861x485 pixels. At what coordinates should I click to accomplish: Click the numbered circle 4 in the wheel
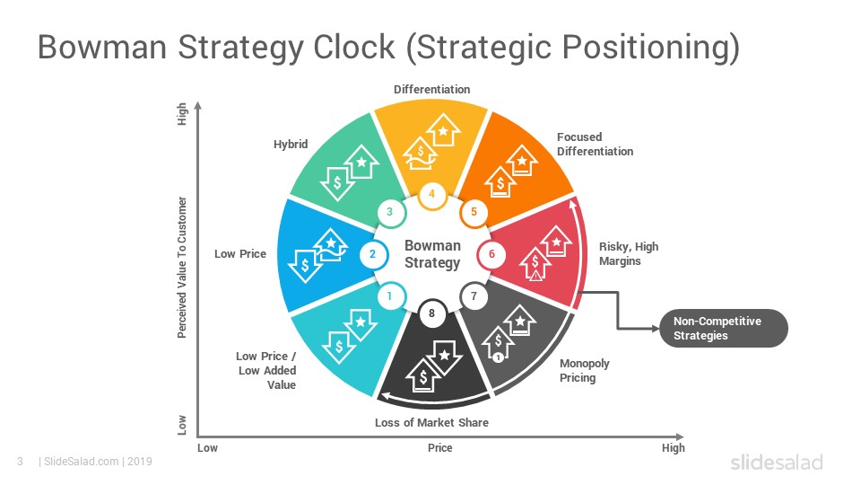pyautogui.click(x=432, y=194)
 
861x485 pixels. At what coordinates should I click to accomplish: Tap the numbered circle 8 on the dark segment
pyautogui.click(x=432, y=313)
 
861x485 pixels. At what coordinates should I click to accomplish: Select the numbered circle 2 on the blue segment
pyautogui.click(x=373, y=254)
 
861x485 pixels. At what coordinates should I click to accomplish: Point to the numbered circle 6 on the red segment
pyautogui.click(x=491, y=254)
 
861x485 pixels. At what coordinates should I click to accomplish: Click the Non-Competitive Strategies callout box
pyautogui.click(x=723, y=329)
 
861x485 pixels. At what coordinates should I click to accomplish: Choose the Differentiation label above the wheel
pyautogui.click(x=431, y=89)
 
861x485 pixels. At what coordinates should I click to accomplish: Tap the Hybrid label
pyautogui.click(x=291, y=144)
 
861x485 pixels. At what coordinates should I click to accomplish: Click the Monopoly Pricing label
pyautogui.click(x=584, y=370)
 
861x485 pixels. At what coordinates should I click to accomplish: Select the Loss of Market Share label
pyautogui.click(x=431, y=422)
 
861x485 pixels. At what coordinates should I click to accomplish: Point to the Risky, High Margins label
pyautogui.click(x=628, y=253)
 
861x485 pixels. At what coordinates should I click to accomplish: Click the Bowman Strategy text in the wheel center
pyautogui.click(x=432, y=254)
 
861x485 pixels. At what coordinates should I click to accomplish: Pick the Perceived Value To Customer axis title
pyautogui.click(x=182, y=268)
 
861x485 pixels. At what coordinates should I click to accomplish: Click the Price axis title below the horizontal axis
pyautogui.click(x=439, y=447)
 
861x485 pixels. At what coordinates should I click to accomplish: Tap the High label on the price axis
pyautogui.click(x=674, y=447)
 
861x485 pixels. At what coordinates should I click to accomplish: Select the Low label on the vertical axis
pyautogui.click(x=182, y=425)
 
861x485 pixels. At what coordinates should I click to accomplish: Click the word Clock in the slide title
pyautogui.click(x=353, y=47)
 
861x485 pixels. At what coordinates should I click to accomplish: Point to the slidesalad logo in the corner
pyautogui.click(x=777, y=462)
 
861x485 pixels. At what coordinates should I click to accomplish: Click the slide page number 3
pyautogui.click(x=21, y=462)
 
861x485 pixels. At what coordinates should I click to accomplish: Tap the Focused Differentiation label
pyautogui.click(x=595, y=144)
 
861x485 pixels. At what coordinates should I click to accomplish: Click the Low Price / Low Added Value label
pyautogui.click(x=266, y=371)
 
